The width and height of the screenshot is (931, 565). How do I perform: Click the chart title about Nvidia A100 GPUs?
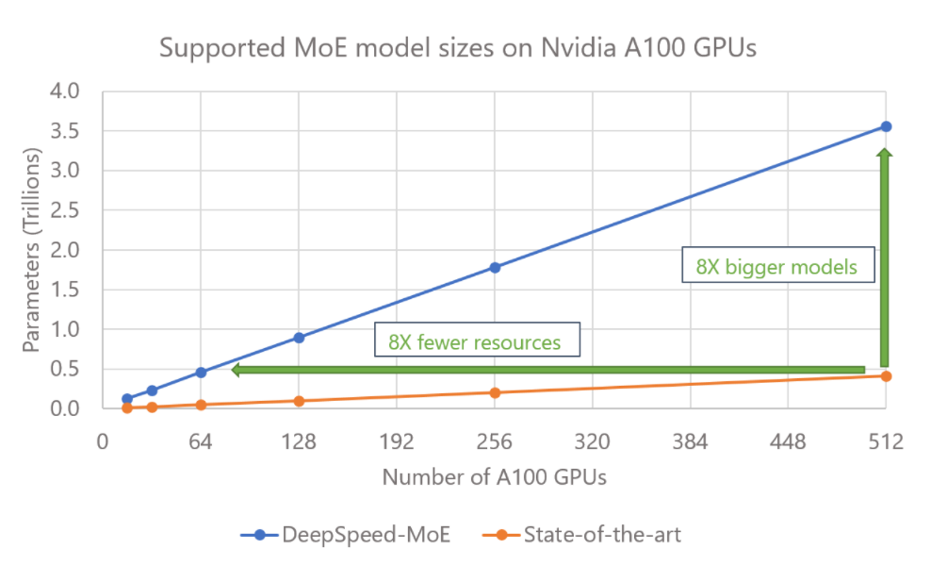click(x=457, y=49)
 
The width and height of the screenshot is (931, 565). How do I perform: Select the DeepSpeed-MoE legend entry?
click(x=344, y=535)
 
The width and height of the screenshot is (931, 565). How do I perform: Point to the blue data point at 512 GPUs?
click(x=886, y=126)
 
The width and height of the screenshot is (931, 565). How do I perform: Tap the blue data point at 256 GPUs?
click(x=495, y=267)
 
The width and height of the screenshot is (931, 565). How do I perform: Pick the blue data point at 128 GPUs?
click(x=299, y=338)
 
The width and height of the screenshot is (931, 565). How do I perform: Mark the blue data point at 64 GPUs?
click(x=201, y=373)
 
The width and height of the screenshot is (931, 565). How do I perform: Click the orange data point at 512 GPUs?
click(x=886, y=376)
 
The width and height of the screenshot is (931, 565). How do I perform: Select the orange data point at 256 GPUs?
click(x=495, y=392)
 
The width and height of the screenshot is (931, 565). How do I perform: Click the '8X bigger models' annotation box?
click(x=776, y=267)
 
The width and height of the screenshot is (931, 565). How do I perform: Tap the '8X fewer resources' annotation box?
click(x=474, y=341)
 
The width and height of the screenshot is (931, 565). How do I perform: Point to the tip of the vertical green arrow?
click(x=884, y=151)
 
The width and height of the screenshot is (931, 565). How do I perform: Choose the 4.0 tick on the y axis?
click(x=72, y=92)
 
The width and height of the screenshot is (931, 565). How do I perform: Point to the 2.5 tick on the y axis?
click(x=72, y=211)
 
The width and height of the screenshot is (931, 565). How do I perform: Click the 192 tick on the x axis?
click(x=397, y=440)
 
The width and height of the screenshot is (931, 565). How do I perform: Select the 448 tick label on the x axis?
click(x=787, y=440)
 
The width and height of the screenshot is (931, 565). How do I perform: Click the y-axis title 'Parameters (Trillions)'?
click(x=32, y=250)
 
